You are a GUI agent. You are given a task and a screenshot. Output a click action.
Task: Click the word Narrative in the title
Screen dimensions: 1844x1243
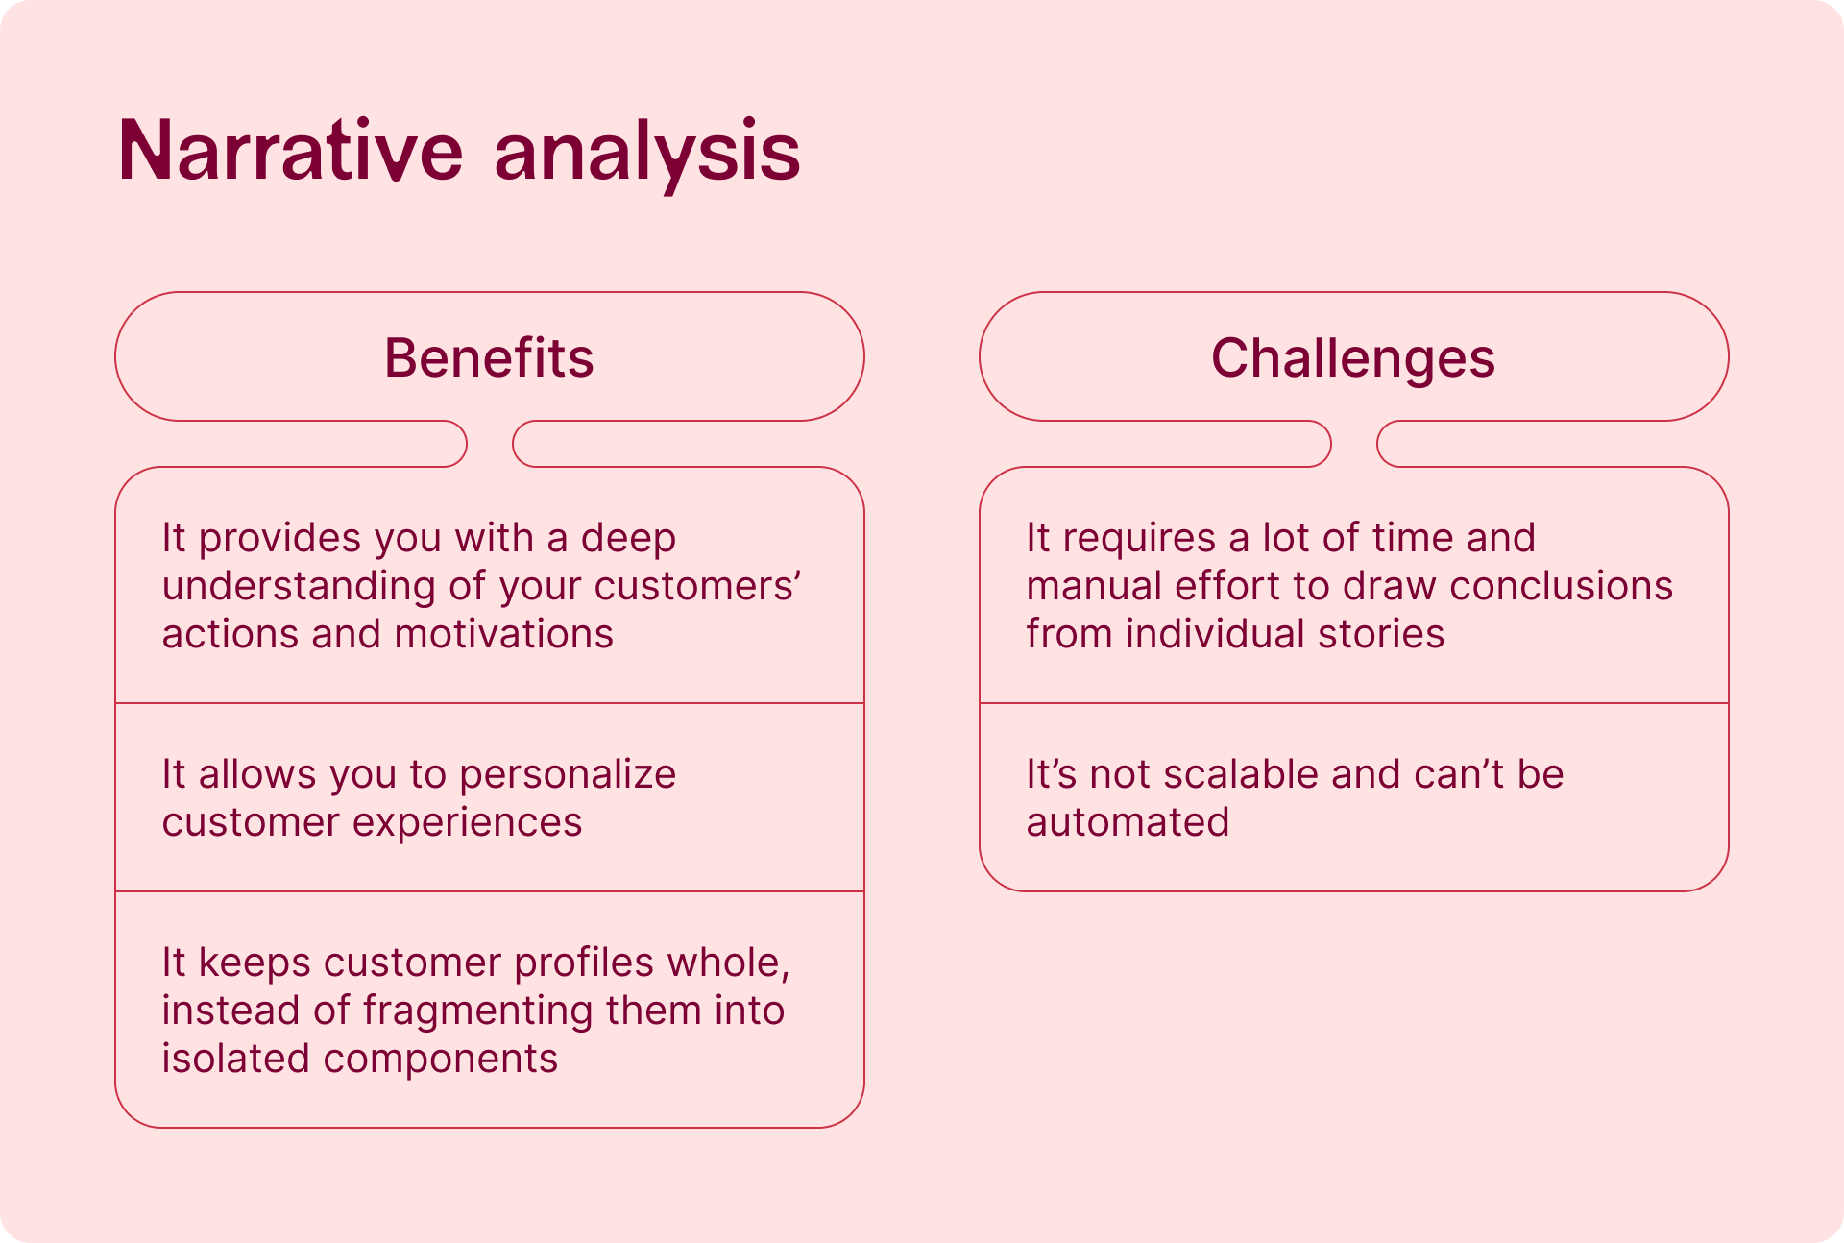(x=290, y=150)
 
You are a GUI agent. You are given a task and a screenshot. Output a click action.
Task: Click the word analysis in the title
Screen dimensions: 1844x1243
(x=646, y=154)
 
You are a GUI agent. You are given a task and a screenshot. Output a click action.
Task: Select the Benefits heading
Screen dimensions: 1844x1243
(x=489, y=357)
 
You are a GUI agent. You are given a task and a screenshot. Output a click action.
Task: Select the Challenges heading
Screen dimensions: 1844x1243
(x=1353, y=359)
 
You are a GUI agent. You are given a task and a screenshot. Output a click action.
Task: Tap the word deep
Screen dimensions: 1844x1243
(x=628, y=538)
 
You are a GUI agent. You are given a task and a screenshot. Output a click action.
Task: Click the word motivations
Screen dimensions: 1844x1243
(x=503, y=634)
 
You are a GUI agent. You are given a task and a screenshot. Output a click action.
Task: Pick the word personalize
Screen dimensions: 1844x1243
(x=568, y=775)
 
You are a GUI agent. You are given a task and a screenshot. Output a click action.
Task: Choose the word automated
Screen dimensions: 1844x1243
(x=1128, y=822)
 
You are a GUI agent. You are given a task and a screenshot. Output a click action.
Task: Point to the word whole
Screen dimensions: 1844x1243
(x=729, y=963)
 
